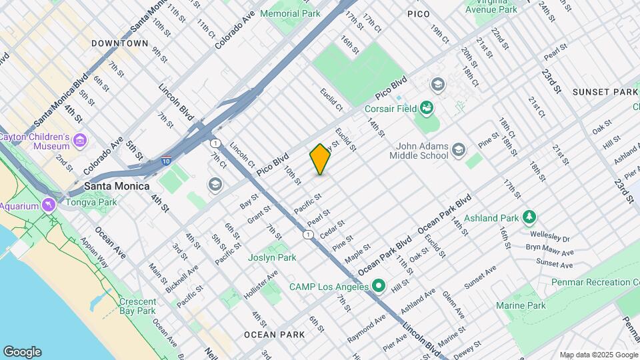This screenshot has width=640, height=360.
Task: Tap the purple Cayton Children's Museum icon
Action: pos(81,141)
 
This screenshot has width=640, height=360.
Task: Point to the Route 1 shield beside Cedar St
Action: pos(307,235)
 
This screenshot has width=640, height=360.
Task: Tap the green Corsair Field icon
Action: pos(427,108)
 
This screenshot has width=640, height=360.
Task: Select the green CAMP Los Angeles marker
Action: pos(379,287)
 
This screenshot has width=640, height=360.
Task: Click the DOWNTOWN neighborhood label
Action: pos(120,43)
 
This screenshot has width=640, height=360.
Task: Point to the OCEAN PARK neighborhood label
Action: pos(269,334)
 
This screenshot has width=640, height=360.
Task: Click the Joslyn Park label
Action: pos(272,257)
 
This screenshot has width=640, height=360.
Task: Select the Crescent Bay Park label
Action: pos(137,306)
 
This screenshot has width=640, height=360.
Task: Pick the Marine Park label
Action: pos(521,305)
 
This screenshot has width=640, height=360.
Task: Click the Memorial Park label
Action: pos(290,13)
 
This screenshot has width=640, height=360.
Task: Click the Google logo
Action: pos(22,352)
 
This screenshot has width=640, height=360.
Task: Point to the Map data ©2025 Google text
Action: pos(598,355)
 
